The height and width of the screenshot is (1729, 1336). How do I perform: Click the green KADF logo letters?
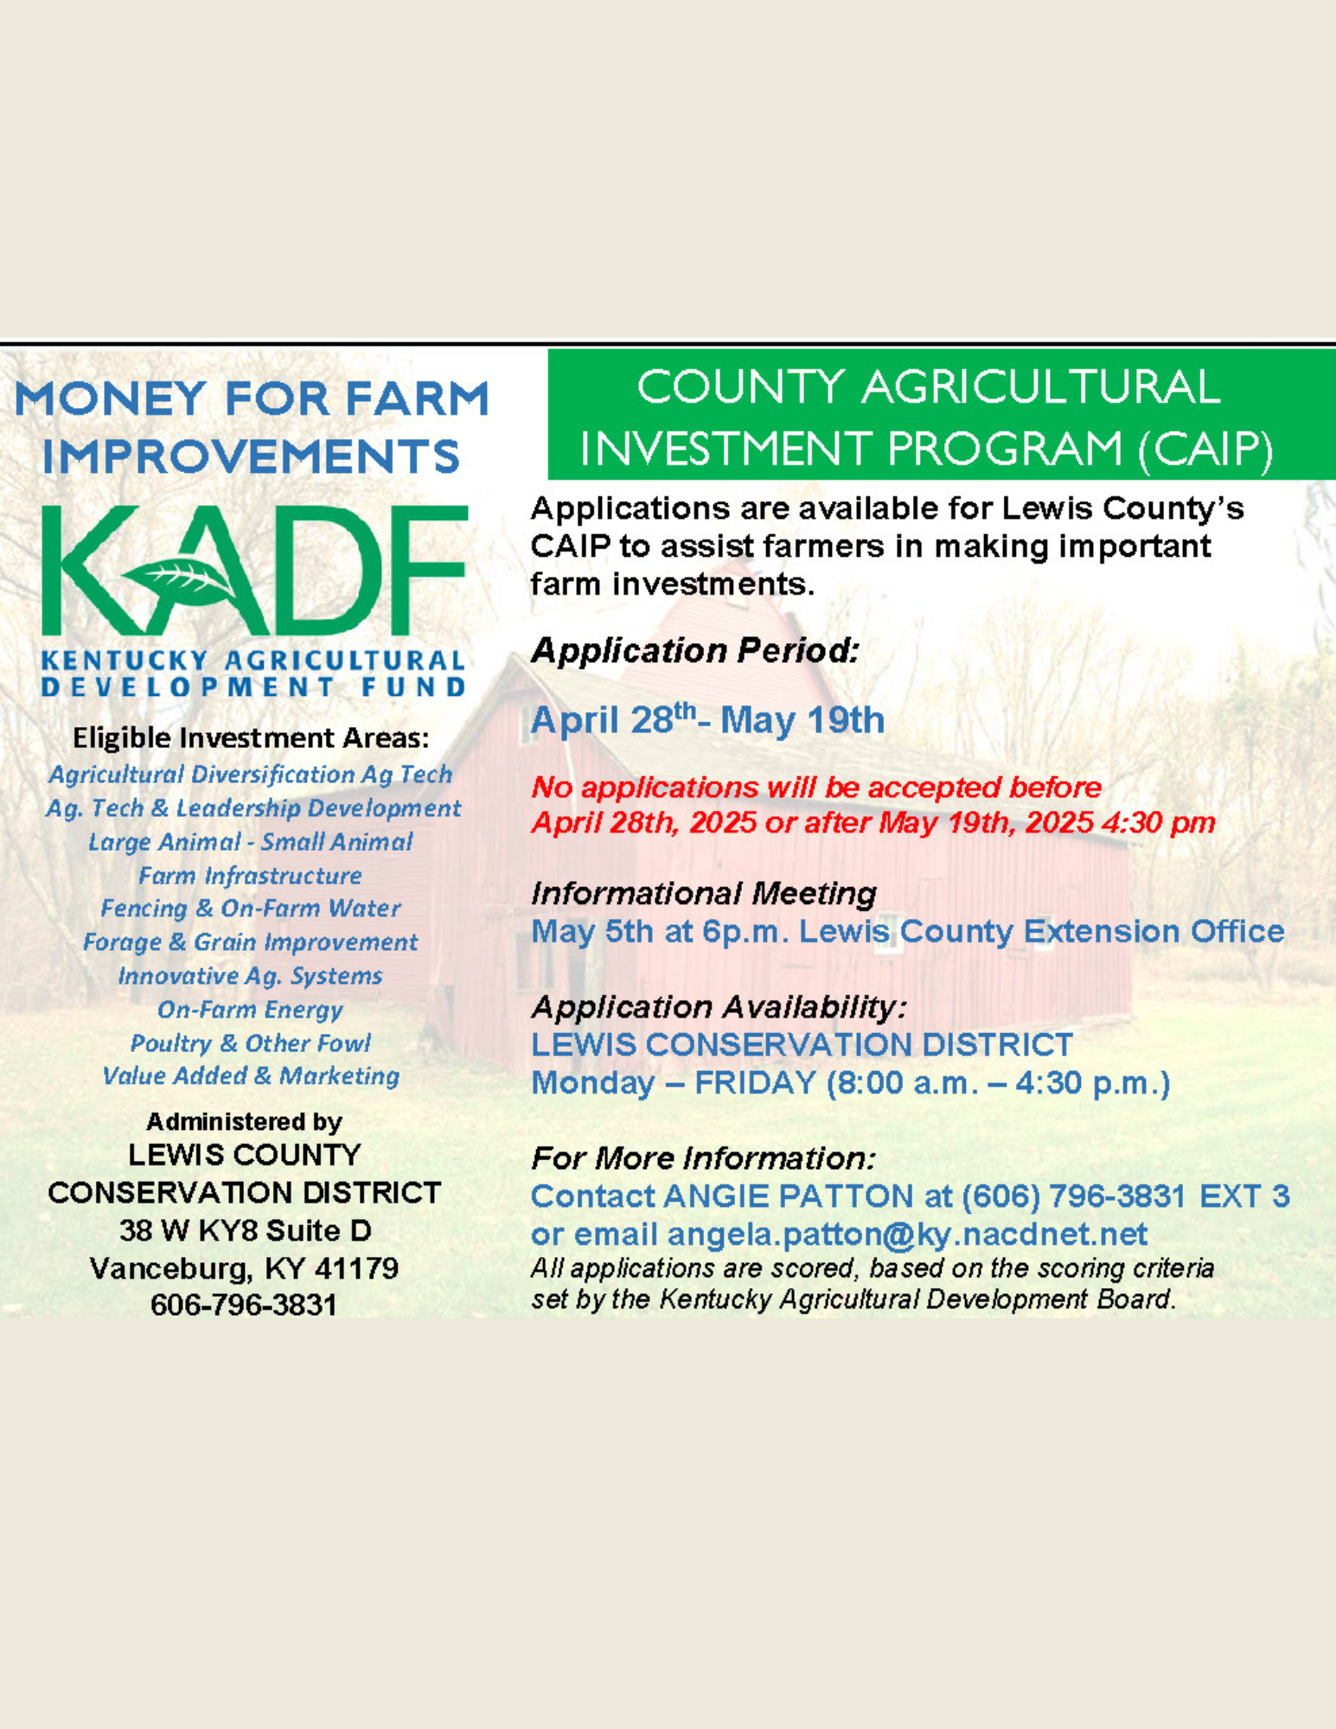[x=254, y=571]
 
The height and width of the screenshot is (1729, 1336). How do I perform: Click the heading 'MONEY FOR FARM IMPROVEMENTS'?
[x=252, y=427]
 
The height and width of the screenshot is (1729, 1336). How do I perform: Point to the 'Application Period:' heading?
[x=695, y=651]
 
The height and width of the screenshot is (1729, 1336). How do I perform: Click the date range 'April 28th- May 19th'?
[x=707, y=719]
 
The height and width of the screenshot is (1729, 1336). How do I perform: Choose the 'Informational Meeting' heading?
[x=704, y=893]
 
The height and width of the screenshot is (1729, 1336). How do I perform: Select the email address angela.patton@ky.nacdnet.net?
[x=907, y=1234]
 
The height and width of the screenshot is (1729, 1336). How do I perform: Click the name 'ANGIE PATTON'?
[x=789, y=1196]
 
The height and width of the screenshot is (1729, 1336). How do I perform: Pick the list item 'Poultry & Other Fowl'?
[x=251, y=1043]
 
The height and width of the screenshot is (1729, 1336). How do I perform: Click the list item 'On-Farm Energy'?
[x=250, y=1010]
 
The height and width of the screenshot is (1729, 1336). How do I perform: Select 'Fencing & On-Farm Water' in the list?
[x=251, y=909]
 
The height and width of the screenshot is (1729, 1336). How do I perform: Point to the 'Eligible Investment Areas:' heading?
[x=251, y=738]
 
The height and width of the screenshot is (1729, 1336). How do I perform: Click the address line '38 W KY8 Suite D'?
[x=246, y=1230]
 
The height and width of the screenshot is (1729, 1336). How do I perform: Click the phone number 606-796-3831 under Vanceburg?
[x=244, y=1305]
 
